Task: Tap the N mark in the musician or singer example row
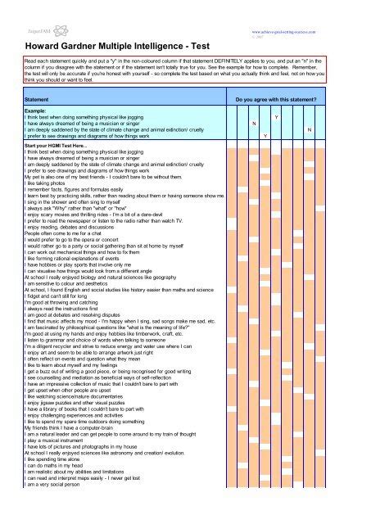(254, 124)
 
